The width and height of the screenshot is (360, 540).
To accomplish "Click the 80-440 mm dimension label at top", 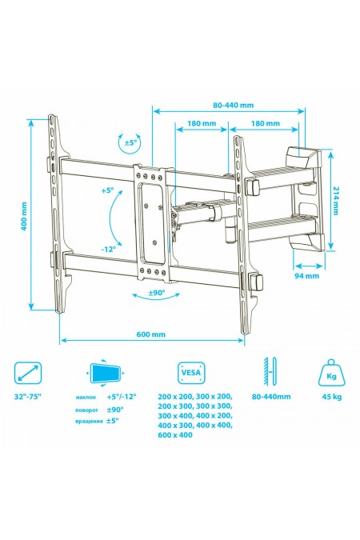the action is [x=234, y=105].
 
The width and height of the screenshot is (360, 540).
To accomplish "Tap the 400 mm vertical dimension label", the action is [x=24, y=217].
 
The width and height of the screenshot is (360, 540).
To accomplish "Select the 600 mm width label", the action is [x=151, y=334].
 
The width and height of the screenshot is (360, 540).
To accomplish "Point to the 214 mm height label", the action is [x=336, y=201].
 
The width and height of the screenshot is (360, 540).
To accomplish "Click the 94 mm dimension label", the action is [x=306, y=276].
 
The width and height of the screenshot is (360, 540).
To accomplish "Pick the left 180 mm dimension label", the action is [x=202, y=123].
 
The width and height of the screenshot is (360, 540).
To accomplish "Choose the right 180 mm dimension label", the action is [x=266, y=123].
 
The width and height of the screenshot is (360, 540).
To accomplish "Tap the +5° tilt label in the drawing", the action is [x=108, y=190].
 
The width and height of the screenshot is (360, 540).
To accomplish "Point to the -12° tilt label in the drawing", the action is [x=109, y=250].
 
